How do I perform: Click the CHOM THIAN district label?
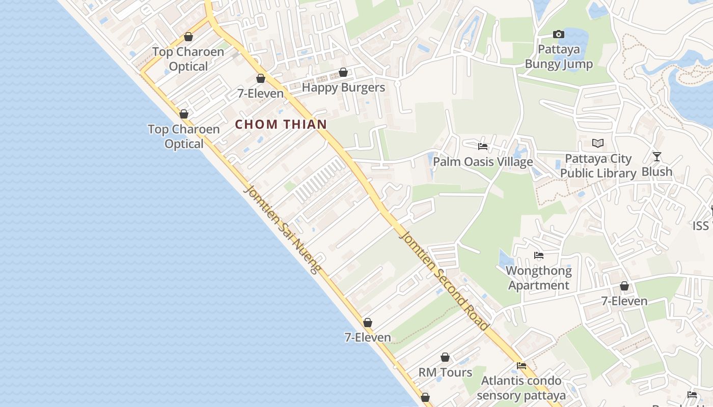281,124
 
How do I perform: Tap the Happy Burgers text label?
343,88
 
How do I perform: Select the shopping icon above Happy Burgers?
343,73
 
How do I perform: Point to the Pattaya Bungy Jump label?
559,57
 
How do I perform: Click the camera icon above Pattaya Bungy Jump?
559,35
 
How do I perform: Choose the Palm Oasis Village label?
483,162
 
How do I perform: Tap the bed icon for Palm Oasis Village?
483,147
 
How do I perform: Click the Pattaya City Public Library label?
598,166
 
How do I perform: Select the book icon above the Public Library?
598,143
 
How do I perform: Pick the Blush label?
657,172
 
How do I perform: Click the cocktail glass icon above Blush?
657,157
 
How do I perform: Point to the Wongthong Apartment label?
539,278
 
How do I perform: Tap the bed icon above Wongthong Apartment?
539,255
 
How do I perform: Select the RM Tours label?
445,372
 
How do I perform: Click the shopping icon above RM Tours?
445,358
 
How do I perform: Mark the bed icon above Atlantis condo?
522,366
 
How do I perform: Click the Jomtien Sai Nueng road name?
282,229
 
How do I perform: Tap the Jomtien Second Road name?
445,280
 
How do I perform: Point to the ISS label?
701,226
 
